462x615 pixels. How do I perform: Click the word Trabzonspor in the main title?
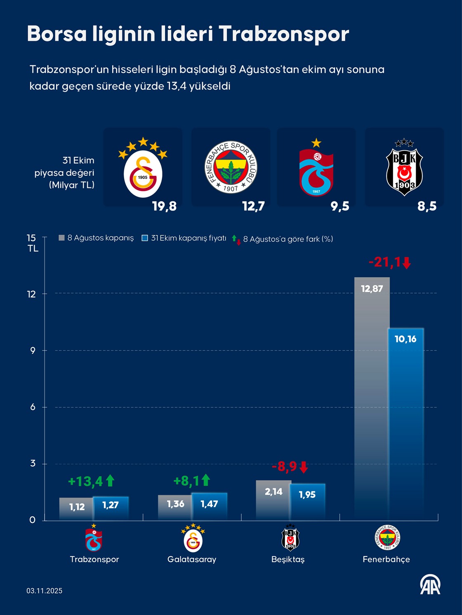284,34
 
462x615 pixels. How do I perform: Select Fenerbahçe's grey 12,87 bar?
372,395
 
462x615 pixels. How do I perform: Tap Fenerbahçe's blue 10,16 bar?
405,424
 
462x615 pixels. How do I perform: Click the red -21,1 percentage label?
384,262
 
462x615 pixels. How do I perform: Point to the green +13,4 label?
85,481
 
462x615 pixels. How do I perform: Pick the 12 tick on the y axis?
32,294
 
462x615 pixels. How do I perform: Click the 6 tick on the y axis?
33,407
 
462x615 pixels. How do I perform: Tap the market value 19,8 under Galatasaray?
164,206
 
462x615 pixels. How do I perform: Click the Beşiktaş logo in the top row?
404,166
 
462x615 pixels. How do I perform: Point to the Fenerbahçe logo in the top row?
231,167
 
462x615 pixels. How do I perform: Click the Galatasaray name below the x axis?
192,559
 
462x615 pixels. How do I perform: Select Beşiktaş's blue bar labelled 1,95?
307,500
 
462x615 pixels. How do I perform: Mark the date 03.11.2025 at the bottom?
45,591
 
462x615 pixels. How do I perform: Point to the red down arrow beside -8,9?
304,467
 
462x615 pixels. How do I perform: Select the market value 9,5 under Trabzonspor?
340,206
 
